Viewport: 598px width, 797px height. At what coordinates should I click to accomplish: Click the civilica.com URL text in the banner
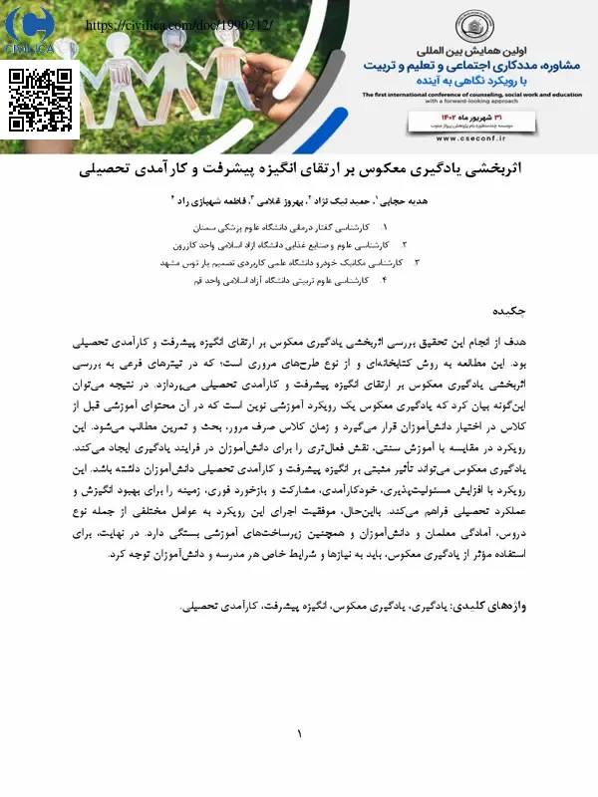point(178,24)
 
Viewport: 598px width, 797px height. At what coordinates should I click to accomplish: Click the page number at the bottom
point(298,734)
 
